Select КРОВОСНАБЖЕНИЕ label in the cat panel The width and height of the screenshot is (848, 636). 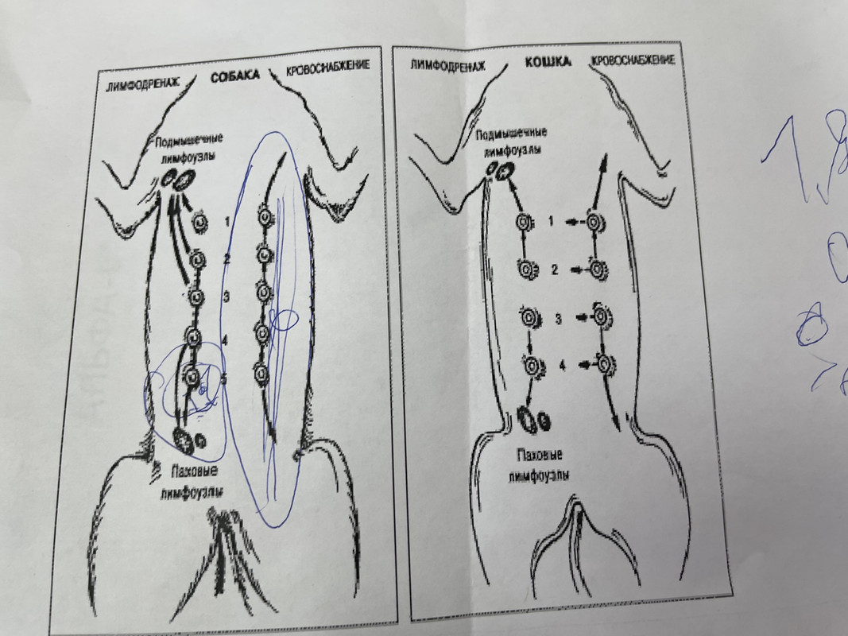[633, 60]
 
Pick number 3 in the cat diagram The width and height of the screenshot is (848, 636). [559, 318]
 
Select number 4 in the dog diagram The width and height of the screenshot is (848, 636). [225, 339]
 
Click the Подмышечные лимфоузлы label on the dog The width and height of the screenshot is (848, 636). [188, 144]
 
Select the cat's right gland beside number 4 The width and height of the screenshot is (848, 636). [606, 365]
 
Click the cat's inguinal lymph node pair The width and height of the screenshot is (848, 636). [533, 418]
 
